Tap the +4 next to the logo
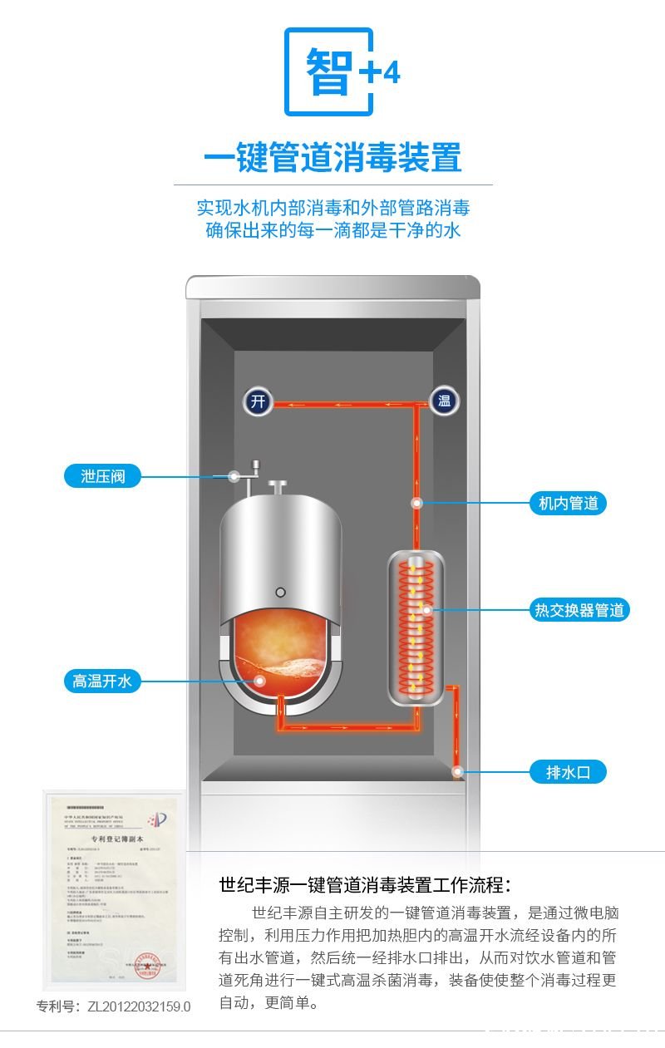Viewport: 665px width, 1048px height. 379,73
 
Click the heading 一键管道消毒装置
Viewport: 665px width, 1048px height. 332,157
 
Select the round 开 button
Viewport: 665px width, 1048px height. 259,402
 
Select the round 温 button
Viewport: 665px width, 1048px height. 445,402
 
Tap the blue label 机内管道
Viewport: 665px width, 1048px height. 568,503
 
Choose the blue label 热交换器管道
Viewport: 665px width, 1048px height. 579,610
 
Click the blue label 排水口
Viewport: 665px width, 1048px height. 568,772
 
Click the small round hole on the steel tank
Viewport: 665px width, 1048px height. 281,592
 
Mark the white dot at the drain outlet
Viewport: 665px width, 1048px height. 458,772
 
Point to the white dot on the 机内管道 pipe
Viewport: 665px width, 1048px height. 417,503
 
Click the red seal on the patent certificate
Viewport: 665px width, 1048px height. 150,965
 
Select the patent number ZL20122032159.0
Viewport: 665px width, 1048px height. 114,1006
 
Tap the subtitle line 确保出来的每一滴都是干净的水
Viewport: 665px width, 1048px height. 332,230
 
